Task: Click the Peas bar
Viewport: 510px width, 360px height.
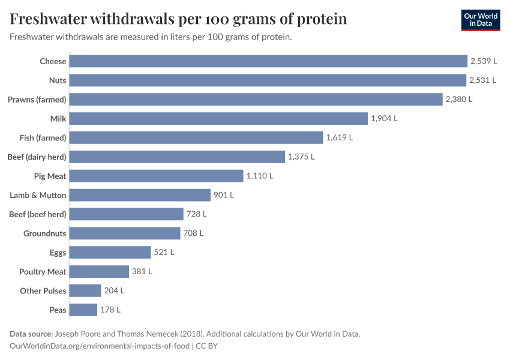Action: (83, 310)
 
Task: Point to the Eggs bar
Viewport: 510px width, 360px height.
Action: (110, 253)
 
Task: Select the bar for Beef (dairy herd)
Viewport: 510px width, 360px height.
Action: (177, 157)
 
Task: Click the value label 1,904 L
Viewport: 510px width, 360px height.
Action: (384, 119)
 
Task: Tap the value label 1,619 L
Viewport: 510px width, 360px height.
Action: (340, 138)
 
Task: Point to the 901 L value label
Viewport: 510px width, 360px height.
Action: (224, 195)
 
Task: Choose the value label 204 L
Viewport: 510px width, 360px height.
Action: (114, 290)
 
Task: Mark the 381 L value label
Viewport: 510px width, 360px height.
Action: (142, 272)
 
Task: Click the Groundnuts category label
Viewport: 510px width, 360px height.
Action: (45, 233)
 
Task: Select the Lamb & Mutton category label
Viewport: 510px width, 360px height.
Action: (38, 195)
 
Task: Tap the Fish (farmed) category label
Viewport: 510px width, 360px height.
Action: (43, 138)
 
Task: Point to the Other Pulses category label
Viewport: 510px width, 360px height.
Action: (43, 291)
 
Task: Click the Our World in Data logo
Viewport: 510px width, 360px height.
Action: (481, 20)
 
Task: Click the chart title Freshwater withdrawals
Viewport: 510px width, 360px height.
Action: (178, 19)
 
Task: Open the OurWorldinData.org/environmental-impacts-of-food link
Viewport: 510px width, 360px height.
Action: (100, 346)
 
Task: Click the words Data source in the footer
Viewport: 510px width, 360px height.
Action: (31, 334)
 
